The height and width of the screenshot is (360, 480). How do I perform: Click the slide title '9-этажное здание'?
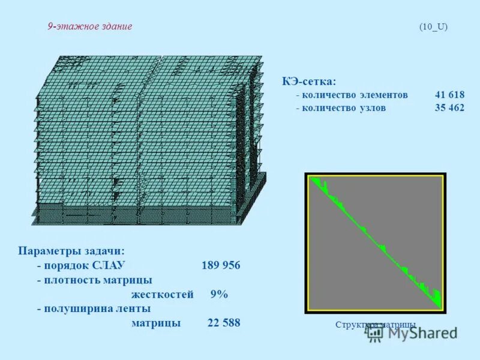point(90,27)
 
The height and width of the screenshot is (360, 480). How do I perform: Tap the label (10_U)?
point(433,27)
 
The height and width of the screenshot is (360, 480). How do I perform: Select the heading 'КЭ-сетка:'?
point(309,81)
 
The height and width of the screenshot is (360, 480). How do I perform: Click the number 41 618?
point(449,95)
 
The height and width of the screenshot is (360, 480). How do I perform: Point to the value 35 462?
point(449,108)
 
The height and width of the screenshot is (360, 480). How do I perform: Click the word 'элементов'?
point(384,95)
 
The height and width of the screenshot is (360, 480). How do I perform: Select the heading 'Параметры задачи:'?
point(71,250)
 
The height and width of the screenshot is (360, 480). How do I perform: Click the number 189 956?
point(220,265)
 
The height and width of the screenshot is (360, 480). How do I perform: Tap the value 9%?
point(219,294)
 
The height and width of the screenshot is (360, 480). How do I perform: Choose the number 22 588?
point(223,323)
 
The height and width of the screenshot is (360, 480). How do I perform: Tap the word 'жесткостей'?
point(162,294)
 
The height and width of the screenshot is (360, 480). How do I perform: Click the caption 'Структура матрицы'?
point(375,325)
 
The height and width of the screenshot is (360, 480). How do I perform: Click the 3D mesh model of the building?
point(147,141)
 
